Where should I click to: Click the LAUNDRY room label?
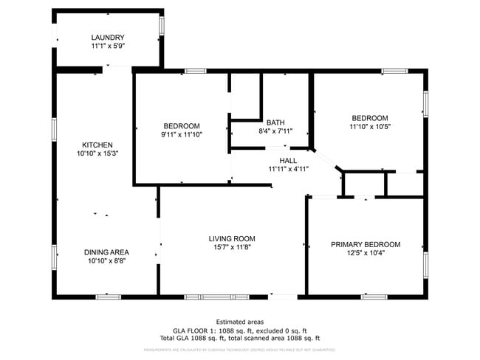coord(108,38)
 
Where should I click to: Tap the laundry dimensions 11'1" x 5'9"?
coord(108,46)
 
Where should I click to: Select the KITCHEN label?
coord(97,145)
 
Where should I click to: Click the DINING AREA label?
coord(106,252)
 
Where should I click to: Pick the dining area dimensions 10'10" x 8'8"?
coord(106,260)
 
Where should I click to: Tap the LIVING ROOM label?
coord(231,238)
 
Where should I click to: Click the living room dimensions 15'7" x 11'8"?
coord(231,247)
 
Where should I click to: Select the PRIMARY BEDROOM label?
coord(365,244)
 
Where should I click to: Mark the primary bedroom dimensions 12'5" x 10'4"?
coord(365,253)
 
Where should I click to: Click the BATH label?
coord(275,122)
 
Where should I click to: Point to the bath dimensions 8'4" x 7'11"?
coord(275,131)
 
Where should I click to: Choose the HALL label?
coord(288,160)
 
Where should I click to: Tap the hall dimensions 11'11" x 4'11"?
coord(288,169)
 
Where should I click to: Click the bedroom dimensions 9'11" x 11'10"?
coord(181,134)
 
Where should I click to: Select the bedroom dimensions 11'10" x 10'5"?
coord(369,127)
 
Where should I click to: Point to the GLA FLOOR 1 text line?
coord(239,330)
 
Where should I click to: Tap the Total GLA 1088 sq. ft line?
coord(239,338)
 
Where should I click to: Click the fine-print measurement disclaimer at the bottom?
coord(239,349)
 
